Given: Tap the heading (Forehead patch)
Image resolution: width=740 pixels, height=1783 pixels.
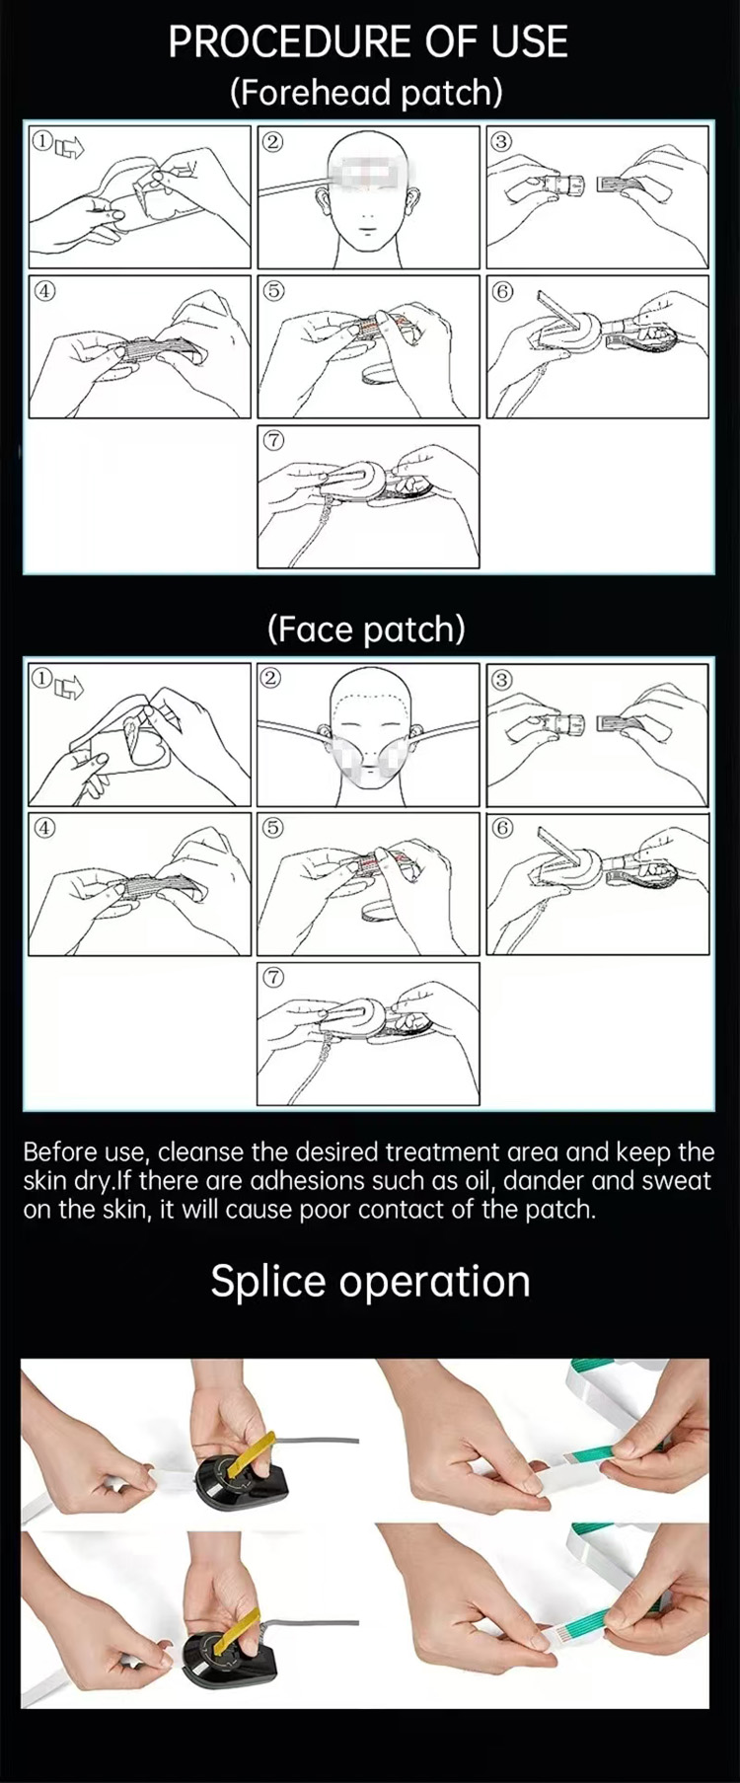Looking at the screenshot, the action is (x=366, y=93).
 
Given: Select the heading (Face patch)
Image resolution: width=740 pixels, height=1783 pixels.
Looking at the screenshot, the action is (x=366, y=630).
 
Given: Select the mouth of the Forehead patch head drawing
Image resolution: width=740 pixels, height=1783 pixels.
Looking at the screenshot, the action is (x=366, y=233).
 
